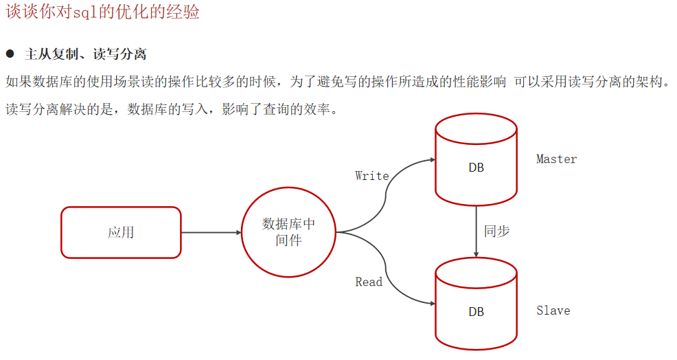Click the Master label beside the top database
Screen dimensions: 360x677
point(556,159)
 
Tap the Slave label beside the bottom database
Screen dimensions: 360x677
point(553,311)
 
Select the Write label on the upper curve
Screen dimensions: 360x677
point(372,176)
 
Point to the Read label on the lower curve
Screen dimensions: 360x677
point(369,282)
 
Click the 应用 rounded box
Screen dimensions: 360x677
point(121,232)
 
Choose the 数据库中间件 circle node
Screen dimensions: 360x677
point(288,232)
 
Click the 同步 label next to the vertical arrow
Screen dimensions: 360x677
point(496,231)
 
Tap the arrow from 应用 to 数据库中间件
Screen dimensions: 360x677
point(211,232)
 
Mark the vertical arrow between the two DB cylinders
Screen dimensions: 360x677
point(477,231)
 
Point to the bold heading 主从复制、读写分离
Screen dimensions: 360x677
point(85,54)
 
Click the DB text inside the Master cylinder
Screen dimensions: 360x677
point(476,168)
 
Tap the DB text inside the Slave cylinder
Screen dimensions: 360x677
point(476,312)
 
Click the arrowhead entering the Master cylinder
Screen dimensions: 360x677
point(432,159)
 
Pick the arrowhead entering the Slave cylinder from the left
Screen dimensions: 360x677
point(432,304)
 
